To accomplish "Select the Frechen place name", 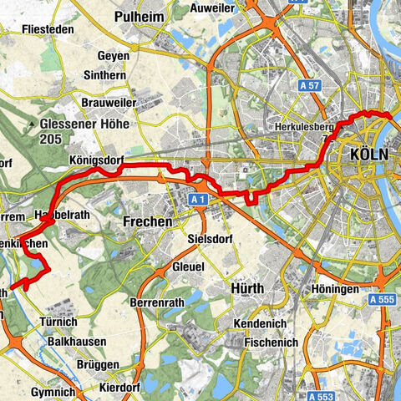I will tap(146, 222).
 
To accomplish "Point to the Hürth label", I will tap(246, 288).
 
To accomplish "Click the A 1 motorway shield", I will tap(197, 200).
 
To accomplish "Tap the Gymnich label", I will tap(57, 392).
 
